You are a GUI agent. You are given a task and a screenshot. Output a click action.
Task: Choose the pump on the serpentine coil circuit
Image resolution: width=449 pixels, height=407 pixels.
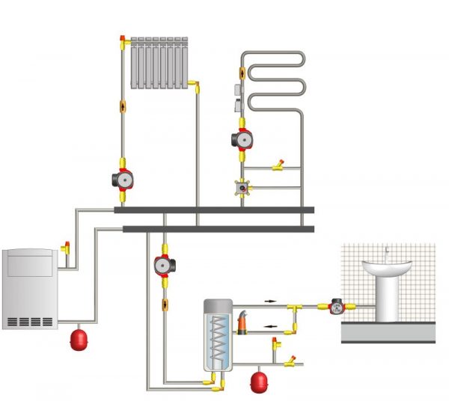point(242,139)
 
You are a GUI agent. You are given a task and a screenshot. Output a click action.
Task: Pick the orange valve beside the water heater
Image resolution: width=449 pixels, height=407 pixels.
point(243,324)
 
